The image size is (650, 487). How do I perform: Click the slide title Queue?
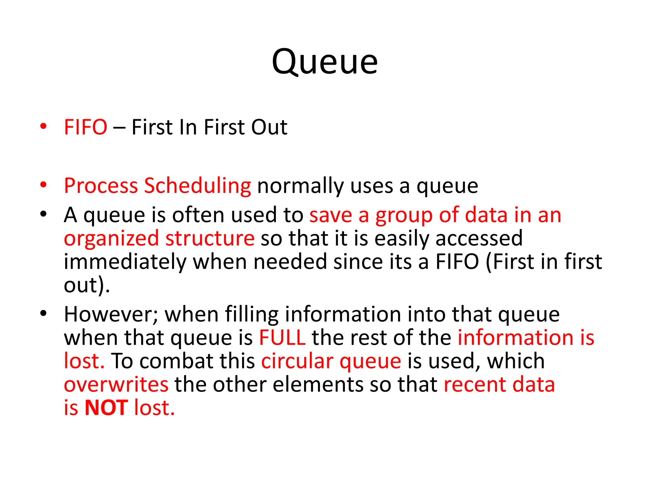tap(325, 62)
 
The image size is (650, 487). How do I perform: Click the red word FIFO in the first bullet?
tap(85, 127)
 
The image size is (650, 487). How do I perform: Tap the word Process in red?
tap(101, 185)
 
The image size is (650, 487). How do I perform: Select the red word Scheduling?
tap(197, 186)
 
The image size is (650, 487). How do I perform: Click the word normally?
tap(301, 186)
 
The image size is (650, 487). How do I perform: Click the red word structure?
tap(210, 238)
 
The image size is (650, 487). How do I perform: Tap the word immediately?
tap(125, 262)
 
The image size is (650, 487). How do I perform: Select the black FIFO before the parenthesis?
tap(457, 262)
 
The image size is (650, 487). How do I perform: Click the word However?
tap(111, 315)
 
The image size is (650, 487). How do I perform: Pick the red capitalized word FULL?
tap(282, 338)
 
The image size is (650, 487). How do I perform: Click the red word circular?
tap(297, 361)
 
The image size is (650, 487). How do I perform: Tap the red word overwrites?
tap(116, 385)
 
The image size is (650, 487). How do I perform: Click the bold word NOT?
tap(106, 408)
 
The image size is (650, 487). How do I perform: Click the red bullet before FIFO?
tap(43, 127)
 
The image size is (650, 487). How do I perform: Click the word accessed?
tap(479, 239)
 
